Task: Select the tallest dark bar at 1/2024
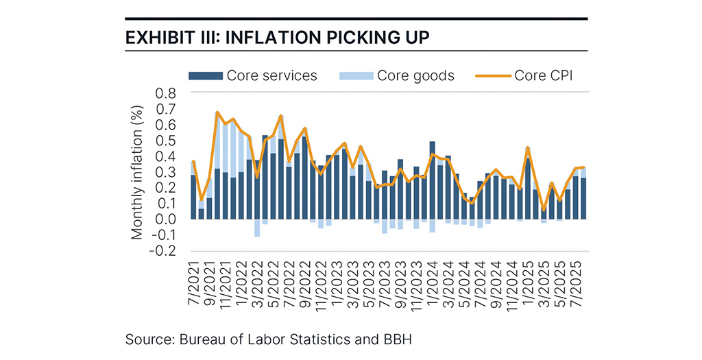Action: [x=433, y=182]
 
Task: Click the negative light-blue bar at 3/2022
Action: [x=257, y=228]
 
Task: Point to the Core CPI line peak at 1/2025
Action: [x=528, y=147]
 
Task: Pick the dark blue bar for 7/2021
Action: [x=193, y=197]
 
